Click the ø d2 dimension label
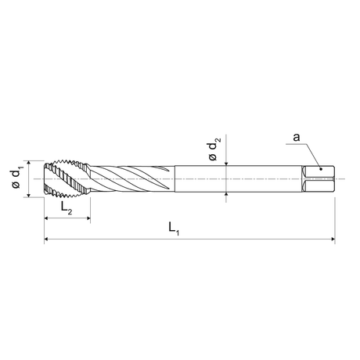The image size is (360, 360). point(214,149)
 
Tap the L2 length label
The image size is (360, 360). point(67,207)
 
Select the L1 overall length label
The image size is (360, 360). point(174,229)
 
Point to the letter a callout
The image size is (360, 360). point(297,137)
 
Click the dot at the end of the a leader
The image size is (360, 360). point(321,169)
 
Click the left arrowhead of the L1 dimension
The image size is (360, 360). point(46,239)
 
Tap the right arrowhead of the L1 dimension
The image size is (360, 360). point(333,239)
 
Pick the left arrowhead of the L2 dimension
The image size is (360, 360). point(46,218)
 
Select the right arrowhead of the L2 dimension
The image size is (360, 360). point(88,218)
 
